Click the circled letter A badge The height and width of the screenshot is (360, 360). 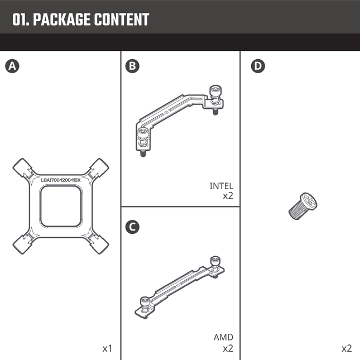pos(11,66)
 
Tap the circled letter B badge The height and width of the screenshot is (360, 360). pos(132,66)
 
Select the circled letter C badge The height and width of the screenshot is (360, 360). pos(132,227)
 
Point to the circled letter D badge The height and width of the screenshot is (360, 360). pos(257,66)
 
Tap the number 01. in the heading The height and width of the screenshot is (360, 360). pos(21,20)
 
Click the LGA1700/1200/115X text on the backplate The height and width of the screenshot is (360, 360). pos(61,180)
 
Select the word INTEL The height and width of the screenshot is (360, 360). pos(222,186)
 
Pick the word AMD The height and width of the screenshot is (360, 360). pos(223,337)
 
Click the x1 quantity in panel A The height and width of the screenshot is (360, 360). pos(107,348)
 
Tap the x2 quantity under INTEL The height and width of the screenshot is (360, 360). pos(228,196)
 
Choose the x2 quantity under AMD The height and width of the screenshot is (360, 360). pos(228,348)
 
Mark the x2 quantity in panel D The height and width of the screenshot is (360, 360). pos(347,348)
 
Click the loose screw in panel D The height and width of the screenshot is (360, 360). pos(301,205)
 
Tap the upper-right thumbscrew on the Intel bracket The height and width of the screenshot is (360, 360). pos(214,92)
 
